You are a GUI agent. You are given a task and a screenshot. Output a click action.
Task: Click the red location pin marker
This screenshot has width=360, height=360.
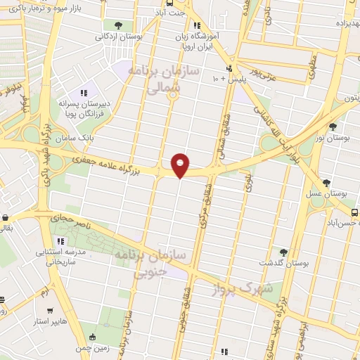[x=181, y=165]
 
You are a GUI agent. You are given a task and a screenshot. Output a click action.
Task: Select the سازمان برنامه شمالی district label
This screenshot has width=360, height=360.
[x=172, y=81]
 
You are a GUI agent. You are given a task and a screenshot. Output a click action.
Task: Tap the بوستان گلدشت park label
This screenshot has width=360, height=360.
[x=285, y=262]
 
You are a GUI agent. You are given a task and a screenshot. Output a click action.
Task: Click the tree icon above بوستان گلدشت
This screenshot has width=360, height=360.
[x=284, y=251]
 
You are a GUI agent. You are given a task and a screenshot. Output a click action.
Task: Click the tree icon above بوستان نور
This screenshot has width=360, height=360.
[x=332, y=127]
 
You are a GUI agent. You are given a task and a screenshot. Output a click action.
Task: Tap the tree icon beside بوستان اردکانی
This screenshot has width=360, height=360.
[x=127, y=25]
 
